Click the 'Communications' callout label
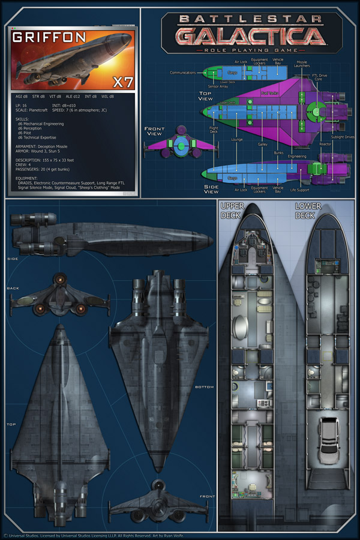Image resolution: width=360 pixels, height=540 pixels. [182, 73]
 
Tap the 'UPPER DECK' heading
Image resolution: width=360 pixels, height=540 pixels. [231, 210]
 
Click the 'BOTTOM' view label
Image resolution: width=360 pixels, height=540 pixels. [204, 387]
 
